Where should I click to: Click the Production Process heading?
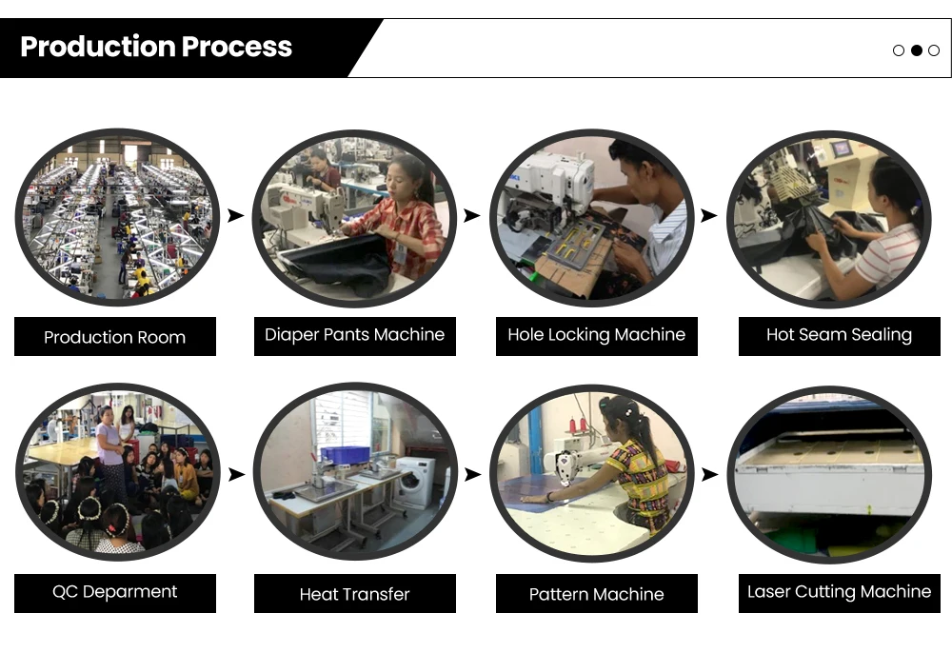coord(156,47)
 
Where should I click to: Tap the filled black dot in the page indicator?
coord(916,50)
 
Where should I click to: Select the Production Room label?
coord(115,337)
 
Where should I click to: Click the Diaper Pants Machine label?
coord(354,335)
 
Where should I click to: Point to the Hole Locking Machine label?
coord(596,335)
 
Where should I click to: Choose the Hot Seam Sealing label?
coord(839,335)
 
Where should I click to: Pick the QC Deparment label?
coord(115,592)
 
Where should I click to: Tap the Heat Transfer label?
coord(354,594)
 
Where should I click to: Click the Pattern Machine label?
coord(596,594)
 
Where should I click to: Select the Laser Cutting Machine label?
coord(839,592)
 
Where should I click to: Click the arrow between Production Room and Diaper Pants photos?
coord(235,216)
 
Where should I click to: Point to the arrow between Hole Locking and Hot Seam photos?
coord(708,216)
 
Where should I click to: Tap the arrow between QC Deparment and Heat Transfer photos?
coord(235,474)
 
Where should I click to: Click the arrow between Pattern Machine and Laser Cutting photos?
coord(708,474)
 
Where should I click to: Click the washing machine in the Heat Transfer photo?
coord(414,482)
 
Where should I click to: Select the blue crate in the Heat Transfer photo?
coord(345,454)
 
